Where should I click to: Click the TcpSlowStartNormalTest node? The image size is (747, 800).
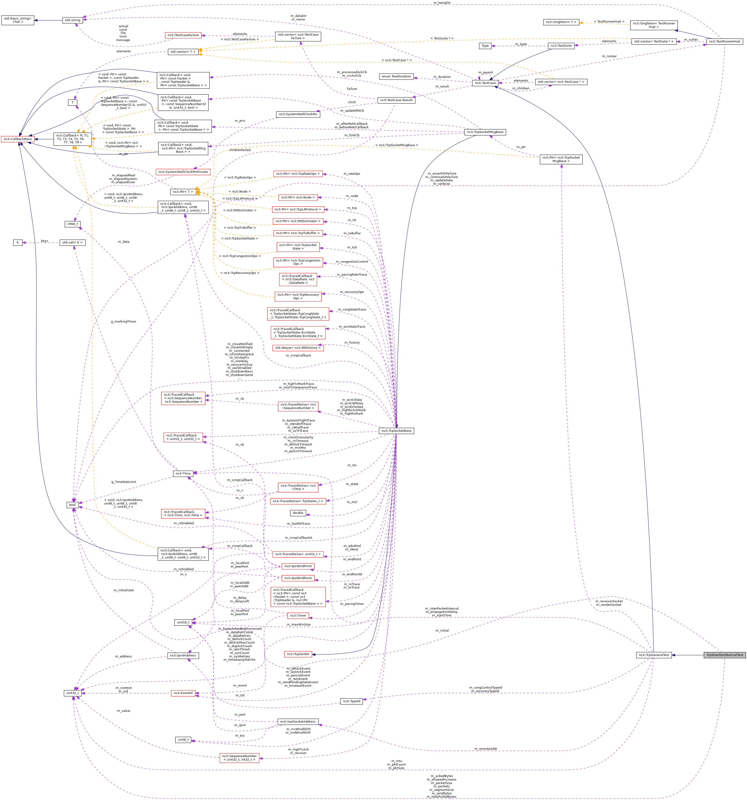coord(724,655)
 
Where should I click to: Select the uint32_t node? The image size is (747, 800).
coord(72,693)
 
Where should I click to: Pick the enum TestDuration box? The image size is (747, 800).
coord(396,76)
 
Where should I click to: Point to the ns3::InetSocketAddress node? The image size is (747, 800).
coord(298,721)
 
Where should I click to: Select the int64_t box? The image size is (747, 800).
coord(72,224)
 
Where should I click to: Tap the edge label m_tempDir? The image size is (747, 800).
coord(442,3)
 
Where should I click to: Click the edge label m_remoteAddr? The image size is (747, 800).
coord(485,749)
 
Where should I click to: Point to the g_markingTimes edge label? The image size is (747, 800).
coord(124,322)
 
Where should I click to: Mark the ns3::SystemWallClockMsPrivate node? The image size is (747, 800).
coord(183,172)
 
